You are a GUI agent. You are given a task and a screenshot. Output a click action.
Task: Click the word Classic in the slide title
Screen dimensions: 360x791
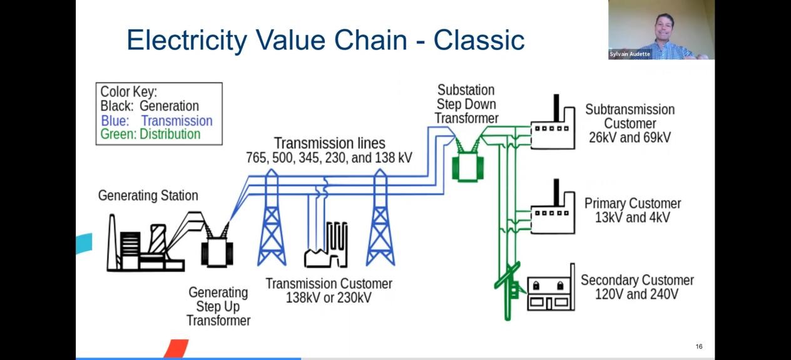point(479,40)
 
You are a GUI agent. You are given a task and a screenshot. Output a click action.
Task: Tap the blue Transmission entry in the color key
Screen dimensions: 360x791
point(156,121)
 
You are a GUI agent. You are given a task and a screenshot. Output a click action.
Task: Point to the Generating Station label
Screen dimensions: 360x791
point(148,196)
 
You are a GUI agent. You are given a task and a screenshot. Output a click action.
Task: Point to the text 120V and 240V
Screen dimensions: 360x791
point(636,294)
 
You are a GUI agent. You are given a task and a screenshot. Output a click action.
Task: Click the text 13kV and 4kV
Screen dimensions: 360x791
point(632,218)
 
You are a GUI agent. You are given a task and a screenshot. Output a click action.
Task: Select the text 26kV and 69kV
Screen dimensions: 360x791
point(630,138)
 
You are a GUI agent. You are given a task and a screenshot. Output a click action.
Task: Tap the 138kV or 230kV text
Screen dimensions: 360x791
point(329,298)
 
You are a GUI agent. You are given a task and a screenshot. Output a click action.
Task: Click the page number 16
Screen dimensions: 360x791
point(699,347)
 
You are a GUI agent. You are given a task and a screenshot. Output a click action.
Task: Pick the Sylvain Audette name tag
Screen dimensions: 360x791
point(630,54)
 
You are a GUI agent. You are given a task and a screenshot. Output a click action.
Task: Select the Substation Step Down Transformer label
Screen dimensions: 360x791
point(466,104)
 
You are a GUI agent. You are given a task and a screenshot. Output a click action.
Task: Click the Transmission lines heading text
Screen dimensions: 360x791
point(329,143)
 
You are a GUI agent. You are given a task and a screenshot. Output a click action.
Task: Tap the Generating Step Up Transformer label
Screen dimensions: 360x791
point(218,307)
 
